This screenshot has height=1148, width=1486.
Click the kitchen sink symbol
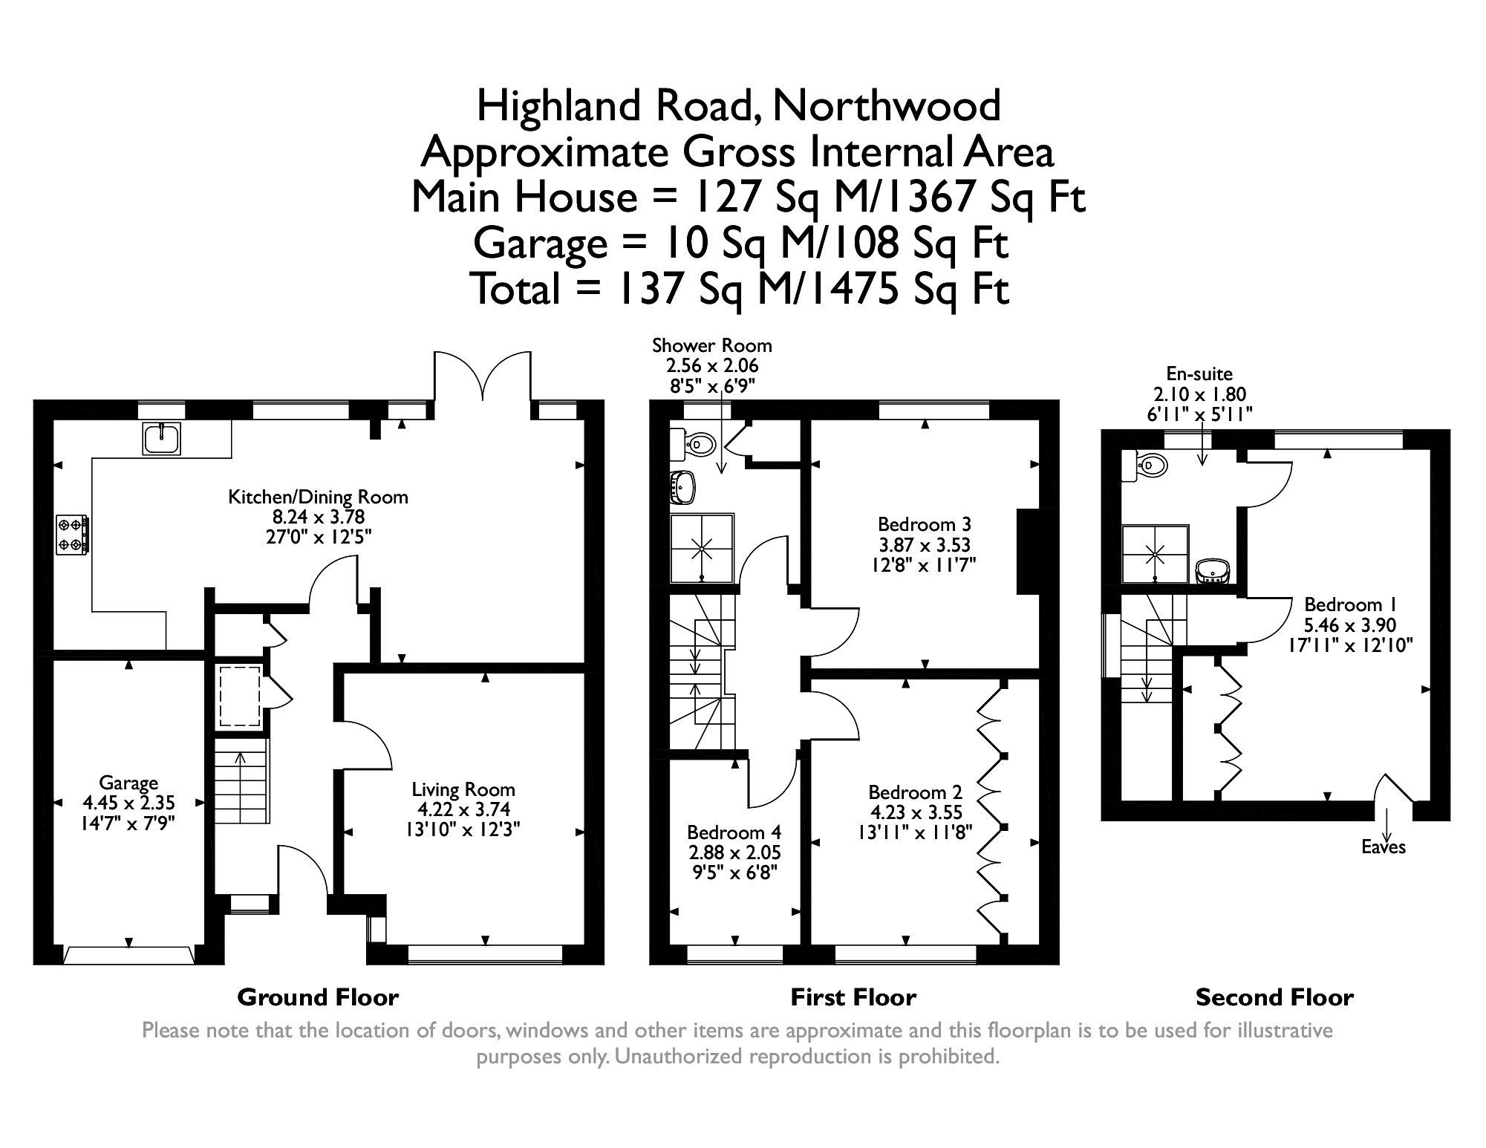point(161,438)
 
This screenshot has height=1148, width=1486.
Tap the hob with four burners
point(73,535)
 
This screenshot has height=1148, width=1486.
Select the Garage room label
point(128,783)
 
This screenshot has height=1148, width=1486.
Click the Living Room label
point(463,789)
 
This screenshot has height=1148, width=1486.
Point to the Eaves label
point(1384,847)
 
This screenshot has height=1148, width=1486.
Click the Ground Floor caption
point(318,997)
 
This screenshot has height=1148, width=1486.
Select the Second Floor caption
point(1274,997)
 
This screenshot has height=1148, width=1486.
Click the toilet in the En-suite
point(1146,466)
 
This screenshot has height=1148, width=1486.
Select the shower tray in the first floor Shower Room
point(703,548)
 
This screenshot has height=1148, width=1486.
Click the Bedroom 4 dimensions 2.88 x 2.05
point(734,853)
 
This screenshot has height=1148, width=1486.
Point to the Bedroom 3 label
point(924,524)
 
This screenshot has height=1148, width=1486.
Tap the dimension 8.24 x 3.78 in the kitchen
point(318,516)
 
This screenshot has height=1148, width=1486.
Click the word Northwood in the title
point(887,105)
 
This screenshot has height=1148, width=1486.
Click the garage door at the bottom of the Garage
point(128,955)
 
